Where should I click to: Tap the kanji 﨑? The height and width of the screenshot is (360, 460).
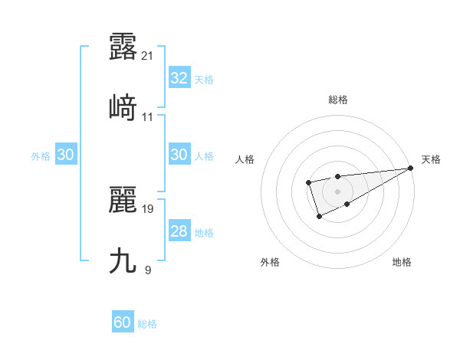tap(123, 107)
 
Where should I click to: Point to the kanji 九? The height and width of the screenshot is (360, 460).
tap(123, 260)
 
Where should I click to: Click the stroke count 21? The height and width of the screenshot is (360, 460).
tap(149, 55)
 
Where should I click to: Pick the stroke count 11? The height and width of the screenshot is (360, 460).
tap(148, 116)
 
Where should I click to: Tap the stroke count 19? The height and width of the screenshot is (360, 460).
tap(148, 208)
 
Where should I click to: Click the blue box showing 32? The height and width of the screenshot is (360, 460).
tap(179, 78)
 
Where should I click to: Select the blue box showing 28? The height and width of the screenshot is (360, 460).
tap(179, 231)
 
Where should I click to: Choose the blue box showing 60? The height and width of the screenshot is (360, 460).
tap(123, 322)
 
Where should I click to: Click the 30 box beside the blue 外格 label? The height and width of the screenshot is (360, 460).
tap(65, 155)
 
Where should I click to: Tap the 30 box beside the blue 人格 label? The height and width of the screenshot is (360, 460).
tap(179, 155)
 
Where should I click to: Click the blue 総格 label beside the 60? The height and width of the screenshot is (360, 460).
tap(148, 324)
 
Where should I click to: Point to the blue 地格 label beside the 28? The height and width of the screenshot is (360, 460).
tap(205, 232)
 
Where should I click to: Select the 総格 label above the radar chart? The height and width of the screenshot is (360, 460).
tap(337, 100)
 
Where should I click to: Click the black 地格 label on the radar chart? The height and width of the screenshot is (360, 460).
tap(402, 262)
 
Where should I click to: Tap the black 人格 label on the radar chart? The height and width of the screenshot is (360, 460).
tap(245, 159)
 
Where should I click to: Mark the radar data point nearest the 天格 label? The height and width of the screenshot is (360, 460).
tap(411, 168)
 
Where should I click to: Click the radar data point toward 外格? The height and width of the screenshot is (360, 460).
tap(320, 218)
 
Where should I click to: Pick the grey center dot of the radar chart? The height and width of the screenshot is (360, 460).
tap(337, 191)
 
